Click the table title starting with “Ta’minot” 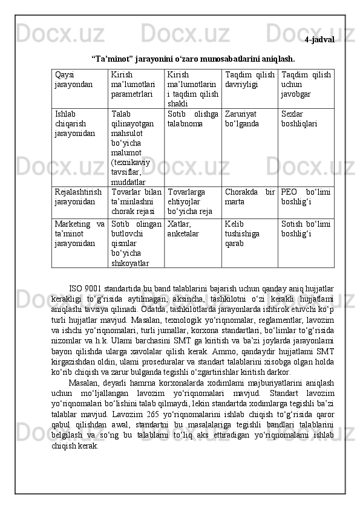(193, 59)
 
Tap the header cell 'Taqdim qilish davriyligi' (249, 80)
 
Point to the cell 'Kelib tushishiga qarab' (242, 233)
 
